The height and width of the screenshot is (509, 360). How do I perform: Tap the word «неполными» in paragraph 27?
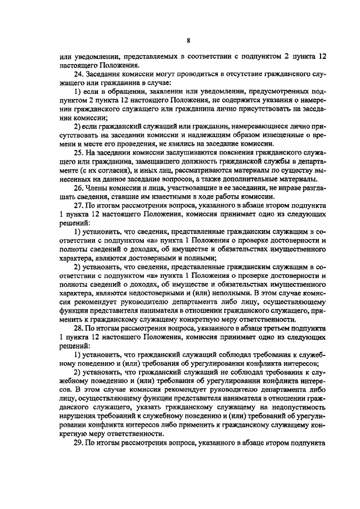[x=232, y=292]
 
